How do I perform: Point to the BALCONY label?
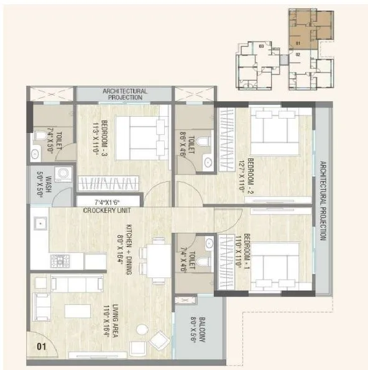click(x=198, y=333)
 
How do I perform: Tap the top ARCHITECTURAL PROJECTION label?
click(x=124, y=94)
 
